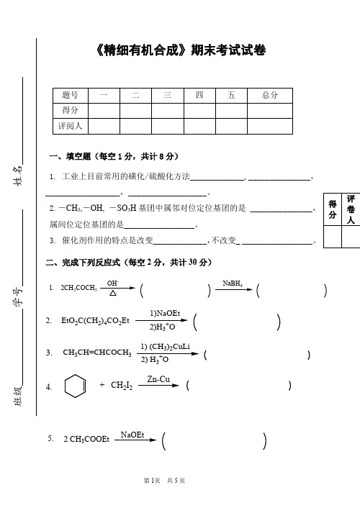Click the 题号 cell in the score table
pos(71,94)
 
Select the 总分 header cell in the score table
pos(270,94)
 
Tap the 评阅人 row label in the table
pos(71,126)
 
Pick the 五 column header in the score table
pos(231,94)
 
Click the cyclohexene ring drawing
pos(75,386)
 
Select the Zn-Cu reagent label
pos(158,379)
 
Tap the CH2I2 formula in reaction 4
pos(122,386)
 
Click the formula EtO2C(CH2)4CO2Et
pos(96,320)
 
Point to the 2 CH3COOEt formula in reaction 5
pos(86,440)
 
